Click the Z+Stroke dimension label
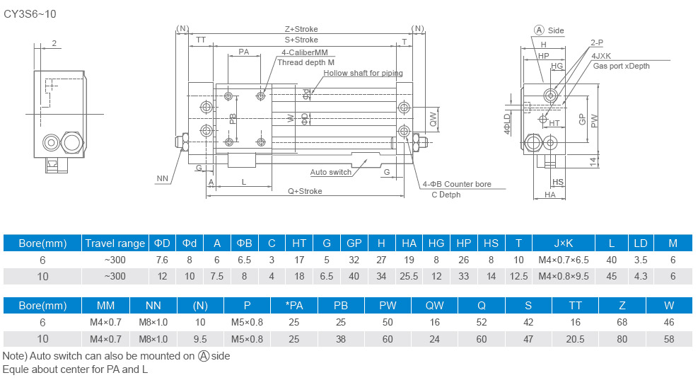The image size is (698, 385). pos(301,30)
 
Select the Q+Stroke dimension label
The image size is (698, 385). pos(305,191)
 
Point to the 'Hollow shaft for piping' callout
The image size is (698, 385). pos(363,73)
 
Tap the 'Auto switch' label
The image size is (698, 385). pos(331,172)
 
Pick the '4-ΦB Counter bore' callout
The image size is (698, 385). pos(457,184)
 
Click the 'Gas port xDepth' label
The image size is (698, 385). pos(621,66)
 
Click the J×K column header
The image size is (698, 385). pos(563,243)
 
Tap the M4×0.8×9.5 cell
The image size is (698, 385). pos(563,275)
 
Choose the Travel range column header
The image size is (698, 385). pos(115,243)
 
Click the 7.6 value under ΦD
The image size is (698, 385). pos(161,260)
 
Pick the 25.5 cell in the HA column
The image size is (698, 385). pos(409,275)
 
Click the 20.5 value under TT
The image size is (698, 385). pos(576,339)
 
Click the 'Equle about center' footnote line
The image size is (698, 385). pos(76,369)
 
